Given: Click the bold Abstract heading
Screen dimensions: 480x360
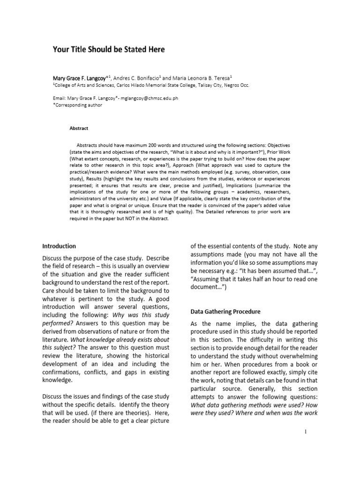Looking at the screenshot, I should click(x=79, y=128).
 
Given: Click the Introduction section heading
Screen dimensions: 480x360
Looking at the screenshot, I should click(x=59, y=246).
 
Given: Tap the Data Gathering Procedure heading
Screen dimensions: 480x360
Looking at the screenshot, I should click(x=225, y=312).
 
